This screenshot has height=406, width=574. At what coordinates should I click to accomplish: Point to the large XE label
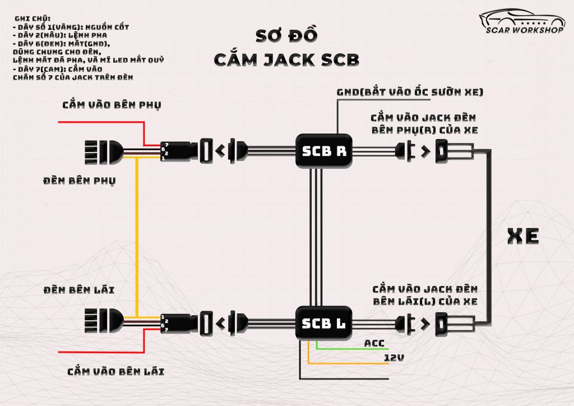(x=522, y=236)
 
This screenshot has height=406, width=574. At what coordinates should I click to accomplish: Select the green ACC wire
(x=348, y=349)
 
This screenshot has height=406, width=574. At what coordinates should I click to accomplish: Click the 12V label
(x=395, y=357)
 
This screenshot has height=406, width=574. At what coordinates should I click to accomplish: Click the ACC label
(x=374, y=343)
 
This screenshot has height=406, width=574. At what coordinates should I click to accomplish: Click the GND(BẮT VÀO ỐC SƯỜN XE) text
(x=410, y=91)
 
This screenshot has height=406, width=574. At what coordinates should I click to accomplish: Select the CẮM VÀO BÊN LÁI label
(x=115, y=371)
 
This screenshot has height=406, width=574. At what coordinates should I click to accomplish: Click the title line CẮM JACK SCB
(x=286, y=59)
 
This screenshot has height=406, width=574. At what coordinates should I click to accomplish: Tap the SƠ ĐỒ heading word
(x=286, y=35)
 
